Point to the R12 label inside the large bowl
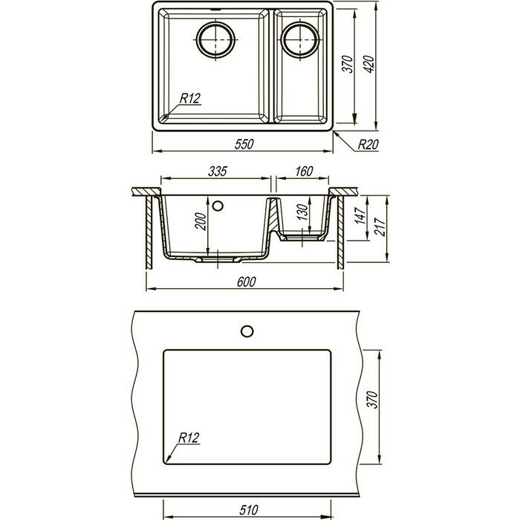click(190, 97)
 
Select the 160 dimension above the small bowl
click(302, 172)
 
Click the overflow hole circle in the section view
click(218, 204)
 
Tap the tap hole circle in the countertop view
click(247, 329)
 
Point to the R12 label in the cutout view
click(188, 438)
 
